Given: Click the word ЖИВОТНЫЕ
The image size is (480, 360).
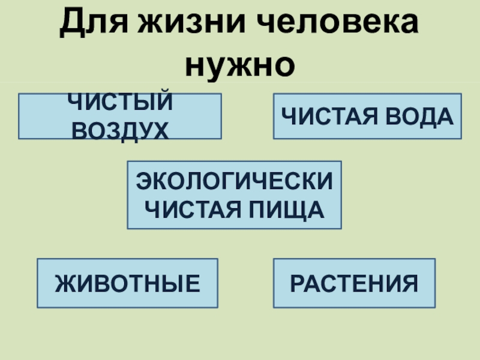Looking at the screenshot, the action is pos(128,283).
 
